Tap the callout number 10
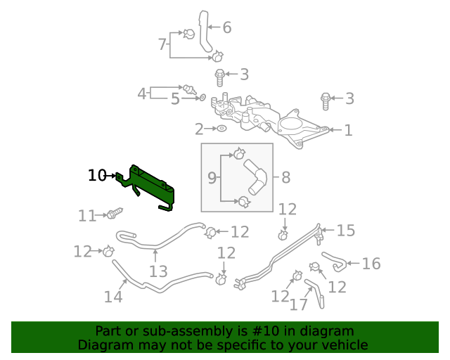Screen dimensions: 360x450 97,175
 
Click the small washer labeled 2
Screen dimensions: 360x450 221,129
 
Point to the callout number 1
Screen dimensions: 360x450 348,130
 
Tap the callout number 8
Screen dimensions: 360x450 285,177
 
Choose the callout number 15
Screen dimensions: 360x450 346,231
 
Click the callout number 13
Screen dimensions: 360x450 158,271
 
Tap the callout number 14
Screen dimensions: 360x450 113,297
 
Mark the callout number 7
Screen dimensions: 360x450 162,45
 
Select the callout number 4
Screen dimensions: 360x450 141,93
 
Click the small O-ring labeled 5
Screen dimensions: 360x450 203,97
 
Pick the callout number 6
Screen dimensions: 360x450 227,28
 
